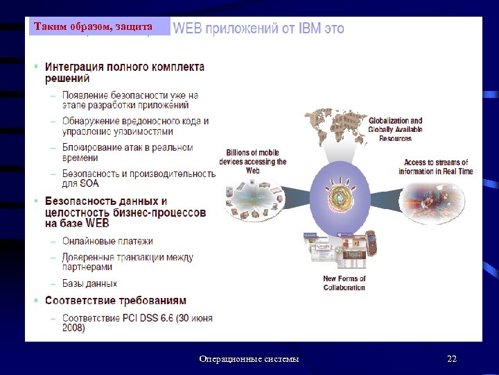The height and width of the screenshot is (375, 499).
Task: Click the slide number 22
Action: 452,359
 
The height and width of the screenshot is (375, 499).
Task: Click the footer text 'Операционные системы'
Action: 249,359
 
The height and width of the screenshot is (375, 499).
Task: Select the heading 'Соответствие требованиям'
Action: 115,301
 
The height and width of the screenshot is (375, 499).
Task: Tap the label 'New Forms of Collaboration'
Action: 344,283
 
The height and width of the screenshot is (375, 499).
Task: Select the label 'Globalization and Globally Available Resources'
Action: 395,129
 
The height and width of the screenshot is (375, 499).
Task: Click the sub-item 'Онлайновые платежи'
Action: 107,241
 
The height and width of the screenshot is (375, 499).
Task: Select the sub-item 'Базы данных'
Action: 89,283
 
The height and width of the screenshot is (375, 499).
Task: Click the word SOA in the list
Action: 89,184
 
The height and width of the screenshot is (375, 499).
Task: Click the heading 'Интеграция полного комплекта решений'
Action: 125,73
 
